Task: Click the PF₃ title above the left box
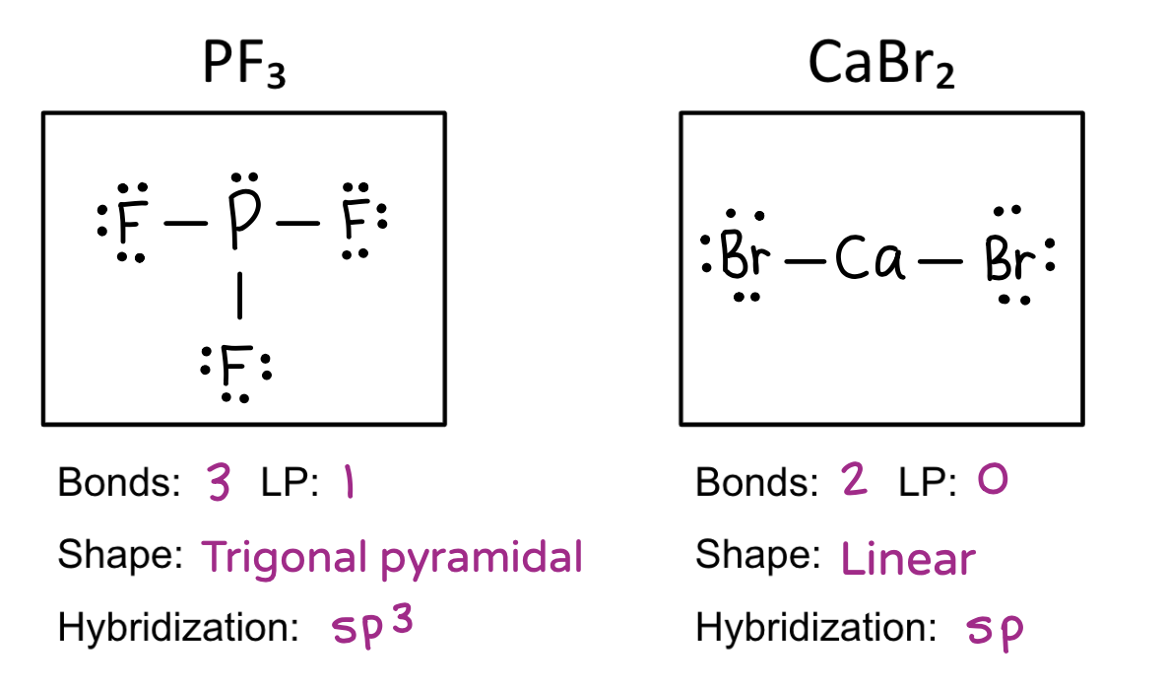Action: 243,65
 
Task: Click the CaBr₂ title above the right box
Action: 880,65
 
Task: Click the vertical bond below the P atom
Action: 237,297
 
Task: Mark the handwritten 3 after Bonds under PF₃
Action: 219,485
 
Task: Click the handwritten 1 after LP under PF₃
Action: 346,485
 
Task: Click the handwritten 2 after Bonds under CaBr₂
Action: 855,483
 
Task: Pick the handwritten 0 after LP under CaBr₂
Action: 993,482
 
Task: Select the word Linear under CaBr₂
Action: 908,560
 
